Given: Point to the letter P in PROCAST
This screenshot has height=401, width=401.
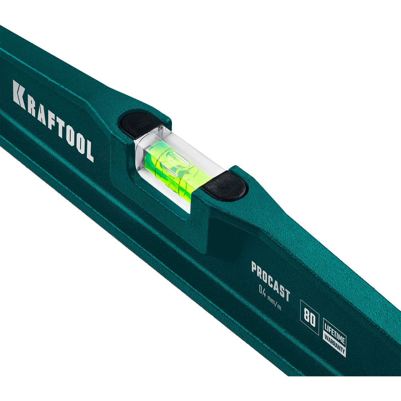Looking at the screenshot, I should (254, 267).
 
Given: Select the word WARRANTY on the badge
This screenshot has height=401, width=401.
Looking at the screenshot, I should (334, 344).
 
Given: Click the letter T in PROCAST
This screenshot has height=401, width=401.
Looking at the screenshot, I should (287, 294).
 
